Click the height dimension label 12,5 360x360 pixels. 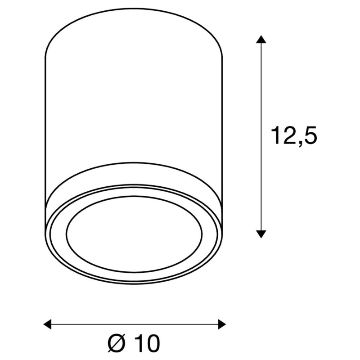(x=293, y=135)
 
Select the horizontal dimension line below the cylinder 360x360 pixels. (x=135, y=324)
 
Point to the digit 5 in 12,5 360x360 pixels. (x=309, y=135)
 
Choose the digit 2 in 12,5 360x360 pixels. (x=288, y=135)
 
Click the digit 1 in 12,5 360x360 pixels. (x=275, y=135)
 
